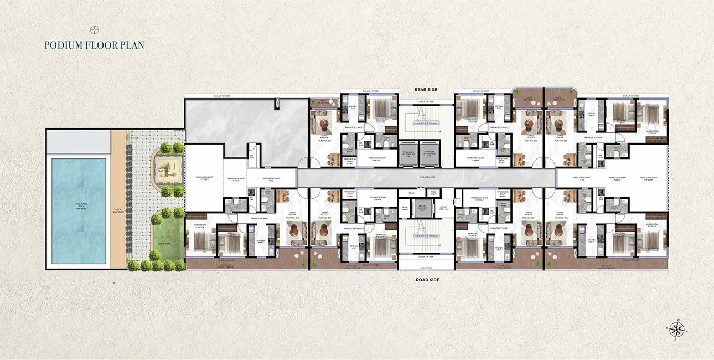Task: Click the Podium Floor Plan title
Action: tap(94, 45)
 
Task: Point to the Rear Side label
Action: tap(427, 89)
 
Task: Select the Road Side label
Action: tap(427, 280)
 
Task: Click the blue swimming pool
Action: tap(78, 211)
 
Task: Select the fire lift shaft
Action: tap(427, 206)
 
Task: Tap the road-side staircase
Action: tap(427, 236)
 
